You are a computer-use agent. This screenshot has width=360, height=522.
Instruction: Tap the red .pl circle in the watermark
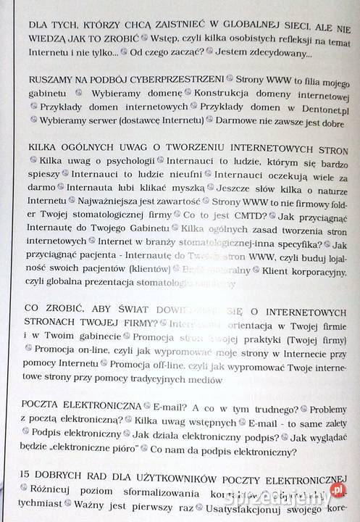[336, 490]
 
